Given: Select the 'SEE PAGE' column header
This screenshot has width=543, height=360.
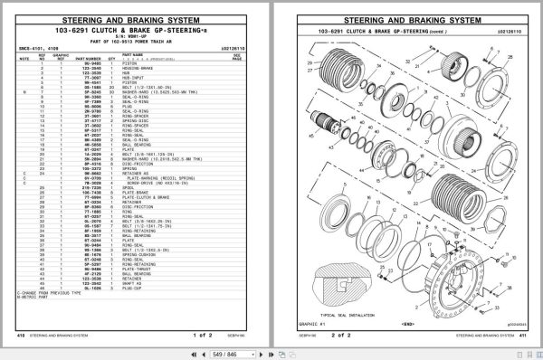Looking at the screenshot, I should coord(237,56).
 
